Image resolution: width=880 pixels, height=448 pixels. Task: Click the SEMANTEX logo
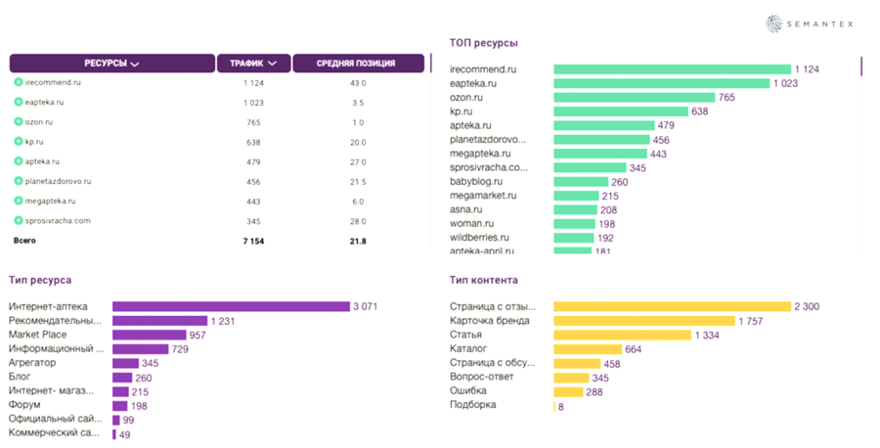pos(815,23)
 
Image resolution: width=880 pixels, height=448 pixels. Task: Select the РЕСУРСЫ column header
pos(111,64)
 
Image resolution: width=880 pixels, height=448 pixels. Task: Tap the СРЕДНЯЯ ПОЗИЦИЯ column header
pos(356,64)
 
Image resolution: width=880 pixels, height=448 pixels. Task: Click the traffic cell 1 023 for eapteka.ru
pos(253,102)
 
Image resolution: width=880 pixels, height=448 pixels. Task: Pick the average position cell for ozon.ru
pos(357,122)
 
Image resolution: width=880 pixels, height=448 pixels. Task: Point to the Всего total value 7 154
pos(253,241)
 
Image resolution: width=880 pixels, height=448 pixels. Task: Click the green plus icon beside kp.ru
pos(19,142)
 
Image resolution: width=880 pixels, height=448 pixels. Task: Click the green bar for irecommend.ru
pos(672,69)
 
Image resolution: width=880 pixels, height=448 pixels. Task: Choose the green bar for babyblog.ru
pos(577,181)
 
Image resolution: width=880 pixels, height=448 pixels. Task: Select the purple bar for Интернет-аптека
pos(231,306)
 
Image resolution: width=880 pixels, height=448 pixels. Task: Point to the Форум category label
pos(24,405)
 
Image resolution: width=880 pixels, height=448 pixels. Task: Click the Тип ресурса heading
pos(39,280)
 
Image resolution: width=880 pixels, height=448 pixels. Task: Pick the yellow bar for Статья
pos(622,335)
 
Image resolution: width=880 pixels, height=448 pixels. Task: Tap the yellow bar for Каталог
pos(588,349)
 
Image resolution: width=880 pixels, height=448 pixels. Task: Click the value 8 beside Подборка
pos(560,405)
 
